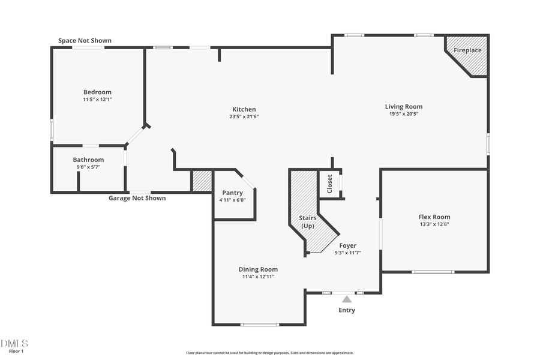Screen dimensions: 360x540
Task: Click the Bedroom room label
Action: click(x=97, y=92)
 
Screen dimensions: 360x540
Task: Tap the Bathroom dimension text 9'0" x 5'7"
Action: click(x=88, y=167)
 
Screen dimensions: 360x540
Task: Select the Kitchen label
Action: click(x=244, y=109)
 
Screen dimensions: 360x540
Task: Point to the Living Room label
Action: click(x=404, y=107)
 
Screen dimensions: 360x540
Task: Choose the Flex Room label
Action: click(x=434, y=217)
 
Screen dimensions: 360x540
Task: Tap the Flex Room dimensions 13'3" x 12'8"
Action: click(x=434, y=224)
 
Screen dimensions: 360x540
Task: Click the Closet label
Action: click(x=329, y=184)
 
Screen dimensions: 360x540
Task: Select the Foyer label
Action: click(x=347, y=245)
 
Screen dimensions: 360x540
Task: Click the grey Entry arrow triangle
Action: click(x=347, y=299)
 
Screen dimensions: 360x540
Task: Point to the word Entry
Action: click(x=347, y=310)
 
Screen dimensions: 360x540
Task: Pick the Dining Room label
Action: click(x=258, y=269)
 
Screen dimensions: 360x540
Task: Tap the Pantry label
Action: click(x=232, y=193)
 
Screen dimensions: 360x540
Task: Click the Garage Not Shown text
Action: click(x=137, y=198)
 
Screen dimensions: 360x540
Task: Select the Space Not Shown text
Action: click(x=85, y=41)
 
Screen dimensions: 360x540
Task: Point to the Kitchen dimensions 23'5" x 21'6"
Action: click(x=244, y=117)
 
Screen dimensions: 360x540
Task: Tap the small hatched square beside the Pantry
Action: click(x=202, y=181)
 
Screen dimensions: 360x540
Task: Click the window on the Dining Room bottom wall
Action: click(x=259, y=325)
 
